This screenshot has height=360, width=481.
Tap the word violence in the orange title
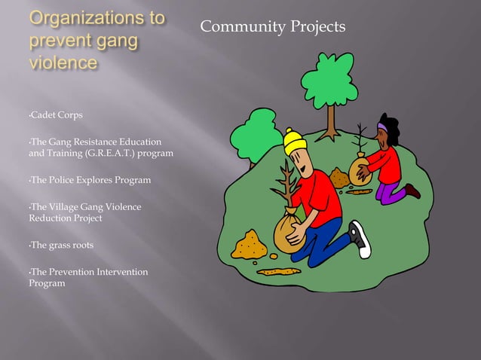click(63, 62)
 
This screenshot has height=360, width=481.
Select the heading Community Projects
click(272, 28)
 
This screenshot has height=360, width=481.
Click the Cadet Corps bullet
click(56, 115)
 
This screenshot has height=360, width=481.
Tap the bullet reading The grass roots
click(60, 246)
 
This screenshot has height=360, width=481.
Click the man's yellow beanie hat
click(295, 141)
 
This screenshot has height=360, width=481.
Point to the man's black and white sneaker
click(360, 239)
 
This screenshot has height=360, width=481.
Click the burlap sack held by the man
click(287, 233)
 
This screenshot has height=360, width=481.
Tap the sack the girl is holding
click(358, 172)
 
